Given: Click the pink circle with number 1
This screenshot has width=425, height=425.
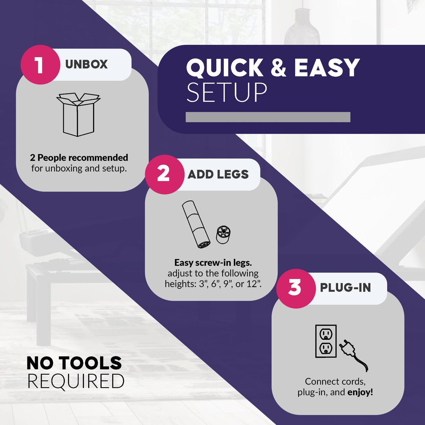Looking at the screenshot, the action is [x=40, y=65].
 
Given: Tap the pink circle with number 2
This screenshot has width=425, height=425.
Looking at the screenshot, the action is [x=165, y=174].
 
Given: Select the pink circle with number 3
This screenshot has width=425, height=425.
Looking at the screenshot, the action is [x=296, y=288].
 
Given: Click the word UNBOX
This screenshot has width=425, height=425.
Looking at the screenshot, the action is [x=86, y=64].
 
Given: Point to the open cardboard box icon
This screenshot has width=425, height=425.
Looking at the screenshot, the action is [x=78, y=114].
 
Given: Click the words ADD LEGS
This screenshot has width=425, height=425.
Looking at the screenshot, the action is [x=218, y=174].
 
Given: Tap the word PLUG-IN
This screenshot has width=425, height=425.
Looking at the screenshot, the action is [x=346, y=288].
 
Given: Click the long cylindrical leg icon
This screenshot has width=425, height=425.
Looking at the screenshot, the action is [x=196, y=224].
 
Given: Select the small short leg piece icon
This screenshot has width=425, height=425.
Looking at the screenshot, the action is [x=223, y=235].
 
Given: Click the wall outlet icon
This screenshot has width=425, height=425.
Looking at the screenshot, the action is [x=326, y=341].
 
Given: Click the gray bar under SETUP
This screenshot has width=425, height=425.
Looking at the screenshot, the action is [x=268, y=117].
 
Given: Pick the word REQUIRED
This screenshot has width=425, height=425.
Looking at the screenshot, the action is [x=76, y=381].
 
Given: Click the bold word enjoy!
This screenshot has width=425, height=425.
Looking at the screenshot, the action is [x=360, y=392].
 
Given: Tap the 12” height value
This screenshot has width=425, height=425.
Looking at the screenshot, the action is [x=253, y=284].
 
